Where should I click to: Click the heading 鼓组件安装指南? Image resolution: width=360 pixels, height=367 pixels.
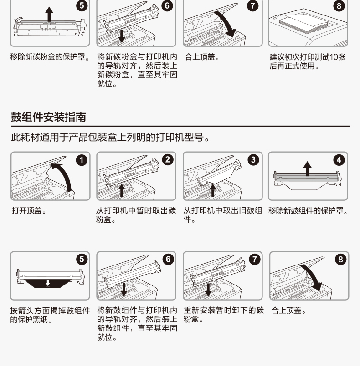pyautogui.click(x=48, y=117)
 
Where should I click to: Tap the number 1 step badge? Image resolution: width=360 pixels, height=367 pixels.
pyautogui.click(x=82, y=160)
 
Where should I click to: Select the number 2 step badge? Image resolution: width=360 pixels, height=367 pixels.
pyautogui.click(x=168, y=160)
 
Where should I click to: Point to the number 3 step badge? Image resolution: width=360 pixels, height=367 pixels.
pyautogui.click(x=253, y=160)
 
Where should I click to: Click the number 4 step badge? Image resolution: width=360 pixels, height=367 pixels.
pyautogui.click(x=339, y=160)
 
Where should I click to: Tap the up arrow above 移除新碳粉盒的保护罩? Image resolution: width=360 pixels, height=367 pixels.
pyautogui.click(x=49, y=15)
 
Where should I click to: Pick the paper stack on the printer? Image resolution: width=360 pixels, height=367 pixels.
pyautogui.click(x=304, y=23)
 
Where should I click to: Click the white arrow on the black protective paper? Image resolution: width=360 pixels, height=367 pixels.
pyautogui.click(x=48, y=283)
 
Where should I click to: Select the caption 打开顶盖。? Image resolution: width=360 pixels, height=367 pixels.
pyautogui.click(x=29, y=211)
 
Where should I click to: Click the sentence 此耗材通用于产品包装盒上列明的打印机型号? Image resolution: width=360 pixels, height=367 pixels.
pyautogui.click(x=110, y=137)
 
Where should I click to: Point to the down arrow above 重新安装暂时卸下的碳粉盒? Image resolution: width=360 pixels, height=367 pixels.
pyautogui.click(x=208, y=290)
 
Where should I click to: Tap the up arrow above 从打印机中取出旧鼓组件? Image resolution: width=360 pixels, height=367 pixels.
pyautogui.click(x=213, y=190)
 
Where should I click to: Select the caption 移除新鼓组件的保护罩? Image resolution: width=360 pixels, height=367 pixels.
pyautogui.click(x=309, y=211)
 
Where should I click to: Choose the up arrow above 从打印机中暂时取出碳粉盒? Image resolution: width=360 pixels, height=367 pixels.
pyautogui.click(x=122, y=190)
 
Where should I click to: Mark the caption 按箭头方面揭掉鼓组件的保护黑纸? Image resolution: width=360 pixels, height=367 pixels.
pyautogui.click(x=50, y=315)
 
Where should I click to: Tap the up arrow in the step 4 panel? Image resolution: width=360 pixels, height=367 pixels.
pyautogui.click(x=307, y=168)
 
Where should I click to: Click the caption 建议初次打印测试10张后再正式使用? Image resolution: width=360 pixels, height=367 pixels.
pyautogui.click(x=308, y=61)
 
